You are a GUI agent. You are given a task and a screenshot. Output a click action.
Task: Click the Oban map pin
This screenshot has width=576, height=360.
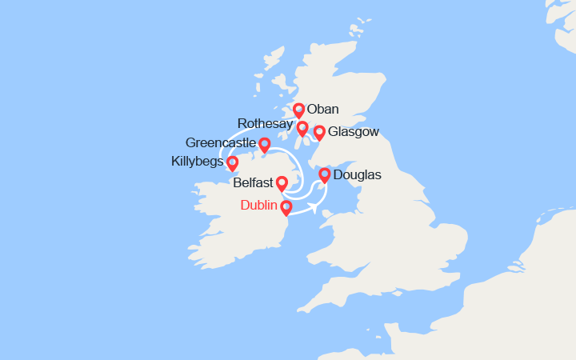click(298, 110)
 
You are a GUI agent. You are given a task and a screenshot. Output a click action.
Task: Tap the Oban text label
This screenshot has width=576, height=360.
click(322, 110)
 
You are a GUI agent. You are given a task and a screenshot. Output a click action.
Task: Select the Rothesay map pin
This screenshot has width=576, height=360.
click(302, 128)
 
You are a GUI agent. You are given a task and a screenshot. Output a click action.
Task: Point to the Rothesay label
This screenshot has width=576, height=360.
click(265, 123)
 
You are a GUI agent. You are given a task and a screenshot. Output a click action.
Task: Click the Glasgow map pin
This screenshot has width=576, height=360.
click(319, 132)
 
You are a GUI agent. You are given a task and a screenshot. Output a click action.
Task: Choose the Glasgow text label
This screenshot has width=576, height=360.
click(354, 132)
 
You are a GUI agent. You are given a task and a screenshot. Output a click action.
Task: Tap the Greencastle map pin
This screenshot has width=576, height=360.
click(264, 144)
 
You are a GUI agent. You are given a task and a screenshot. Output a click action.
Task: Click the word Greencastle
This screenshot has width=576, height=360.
click(220, 143)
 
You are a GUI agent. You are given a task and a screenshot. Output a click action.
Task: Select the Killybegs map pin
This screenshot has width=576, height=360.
click(233, 163)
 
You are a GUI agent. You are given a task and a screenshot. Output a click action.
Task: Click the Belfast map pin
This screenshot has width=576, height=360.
click(282, 183)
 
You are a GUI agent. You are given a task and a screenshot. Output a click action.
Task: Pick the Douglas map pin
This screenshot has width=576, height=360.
click(325, 174)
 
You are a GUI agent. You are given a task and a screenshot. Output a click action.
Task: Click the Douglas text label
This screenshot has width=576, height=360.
click(357, 174)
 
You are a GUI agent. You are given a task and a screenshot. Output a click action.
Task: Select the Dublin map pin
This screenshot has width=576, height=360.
click(286, 207)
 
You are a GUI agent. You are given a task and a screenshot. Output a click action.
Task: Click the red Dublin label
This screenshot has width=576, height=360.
click(259, 206)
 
